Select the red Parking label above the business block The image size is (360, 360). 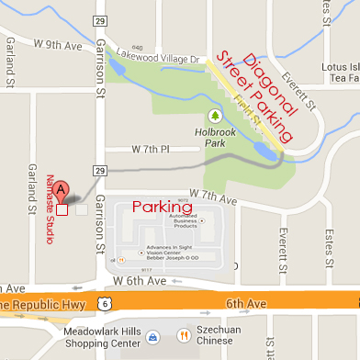pos(163,208)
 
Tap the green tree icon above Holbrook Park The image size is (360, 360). pos(215,117)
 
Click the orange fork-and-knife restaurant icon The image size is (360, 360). pos(183,336)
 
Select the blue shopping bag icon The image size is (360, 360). pos(153,337)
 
